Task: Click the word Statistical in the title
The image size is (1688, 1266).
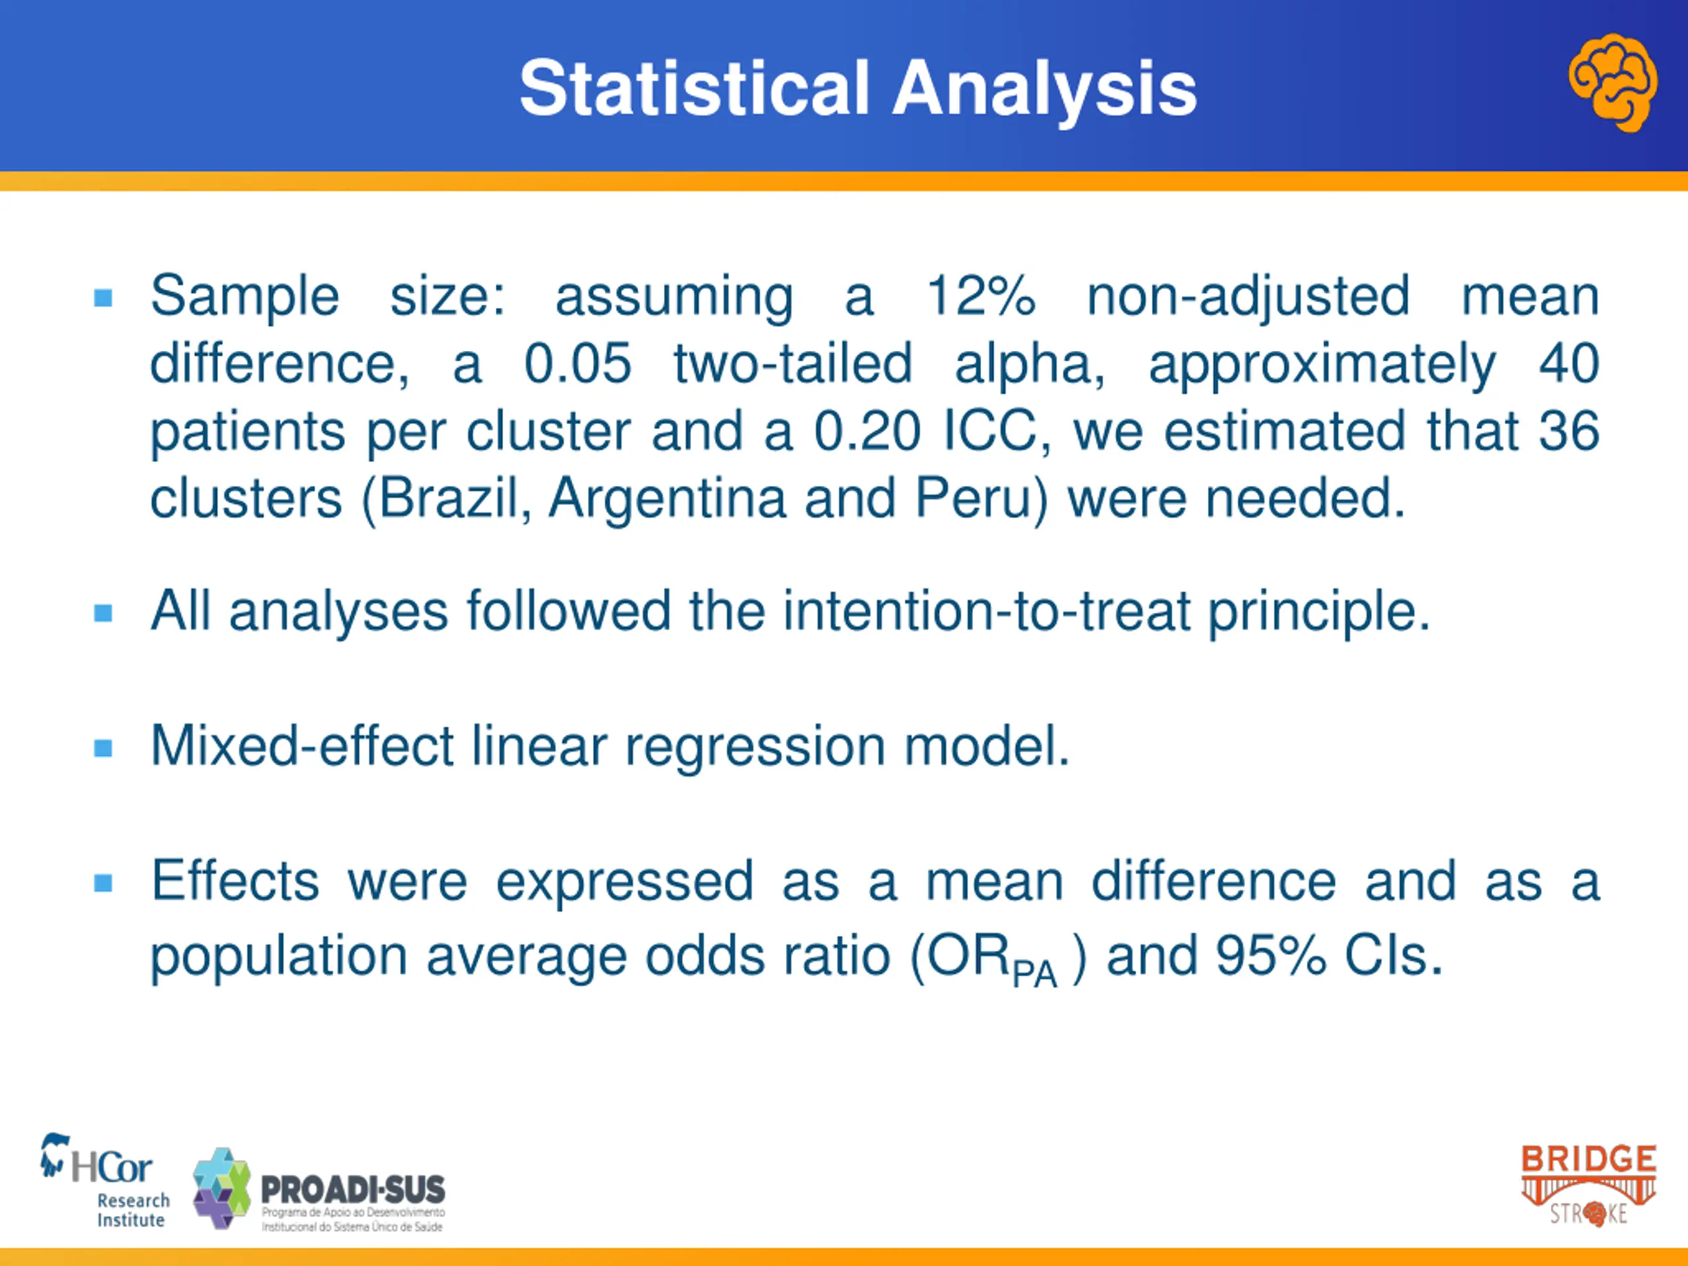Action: point(694,88)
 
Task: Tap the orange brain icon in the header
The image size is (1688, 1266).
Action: point(1612,82)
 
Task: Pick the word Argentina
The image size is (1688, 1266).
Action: point(667,498)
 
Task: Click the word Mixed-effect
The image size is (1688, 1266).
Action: point(302,746)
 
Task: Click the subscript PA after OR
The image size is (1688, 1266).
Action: point(1034,974)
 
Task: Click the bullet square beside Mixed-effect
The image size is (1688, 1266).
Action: point(103,748)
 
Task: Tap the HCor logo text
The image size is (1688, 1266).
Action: point(111,1168)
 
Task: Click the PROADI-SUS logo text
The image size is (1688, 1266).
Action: point(353,1189)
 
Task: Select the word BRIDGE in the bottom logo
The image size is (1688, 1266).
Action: point(1589,1159)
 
